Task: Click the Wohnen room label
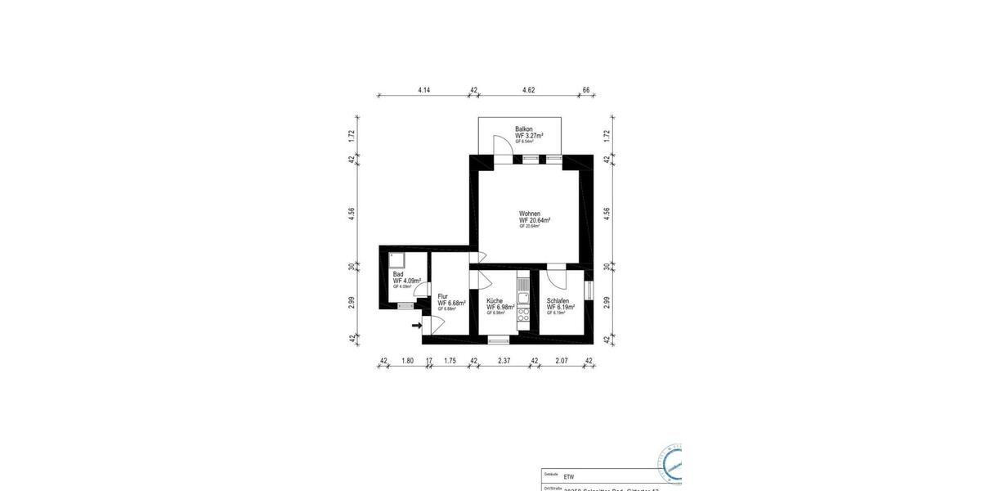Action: [x=529, y=214]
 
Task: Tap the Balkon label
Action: [x=524, y=129]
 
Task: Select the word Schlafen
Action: [x=558, y=301]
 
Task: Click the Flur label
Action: [x=442, y=296]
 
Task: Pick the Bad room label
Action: [x=398, y=275]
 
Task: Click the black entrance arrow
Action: [x=417, y=326]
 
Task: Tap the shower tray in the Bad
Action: [x=394, y=259]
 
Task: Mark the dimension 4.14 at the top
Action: [x=423, y=89]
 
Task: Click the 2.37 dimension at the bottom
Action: [x=504, y=359]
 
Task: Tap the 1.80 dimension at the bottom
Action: [x=409, y=359]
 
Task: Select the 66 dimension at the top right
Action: [x=586, y=89]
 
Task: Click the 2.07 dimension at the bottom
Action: [x=562, y=359]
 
